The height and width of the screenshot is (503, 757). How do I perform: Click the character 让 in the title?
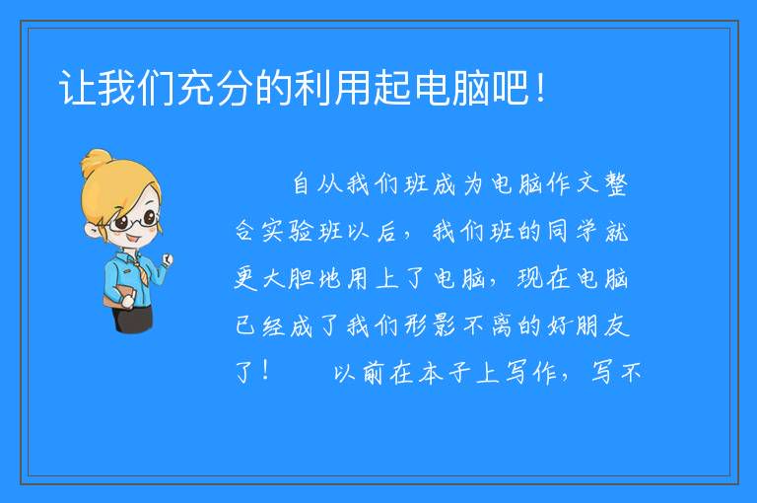(77, 88)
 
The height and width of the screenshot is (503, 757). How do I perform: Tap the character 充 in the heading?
(195, 88)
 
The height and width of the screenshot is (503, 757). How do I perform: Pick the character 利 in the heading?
(313, 88)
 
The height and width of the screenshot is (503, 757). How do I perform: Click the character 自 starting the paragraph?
(302, 183)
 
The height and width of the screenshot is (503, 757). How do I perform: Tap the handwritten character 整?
(616, 184)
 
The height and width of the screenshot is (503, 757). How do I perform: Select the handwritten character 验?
(301, 232)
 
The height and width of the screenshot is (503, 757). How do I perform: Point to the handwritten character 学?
(586, 231)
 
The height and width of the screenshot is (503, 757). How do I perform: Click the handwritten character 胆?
(302, 278)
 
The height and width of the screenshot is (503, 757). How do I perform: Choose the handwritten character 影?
(445, 325)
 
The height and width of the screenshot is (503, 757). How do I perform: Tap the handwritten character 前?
(373, 373)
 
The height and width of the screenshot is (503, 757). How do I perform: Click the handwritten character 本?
(431, 373)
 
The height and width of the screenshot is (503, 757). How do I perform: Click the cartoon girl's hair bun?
(96, 162)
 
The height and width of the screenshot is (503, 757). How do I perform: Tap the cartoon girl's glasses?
(134, 220)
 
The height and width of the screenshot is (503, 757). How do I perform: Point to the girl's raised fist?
(167, 259)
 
